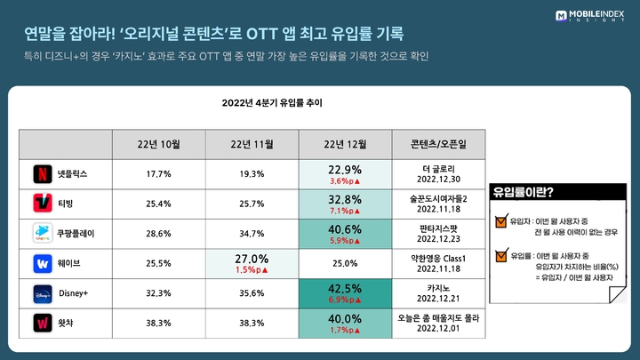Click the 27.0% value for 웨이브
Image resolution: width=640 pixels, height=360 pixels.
pos(252,259)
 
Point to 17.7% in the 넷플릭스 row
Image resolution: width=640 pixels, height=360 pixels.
pos(159,173)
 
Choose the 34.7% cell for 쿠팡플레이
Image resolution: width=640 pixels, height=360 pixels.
pos(252,235)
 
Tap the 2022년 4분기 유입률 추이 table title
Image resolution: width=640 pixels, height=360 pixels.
pos(272,103)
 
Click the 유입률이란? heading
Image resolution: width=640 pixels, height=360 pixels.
pos(524,190)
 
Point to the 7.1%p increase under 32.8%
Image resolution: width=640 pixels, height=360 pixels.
pos(343,212)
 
